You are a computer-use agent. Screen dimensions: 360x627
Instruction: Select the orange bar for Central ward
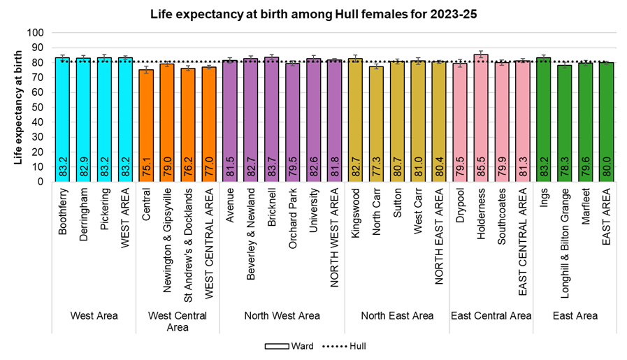(146, 126)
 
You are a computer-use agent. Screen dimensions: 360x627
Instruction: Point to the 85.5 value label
(480, 169)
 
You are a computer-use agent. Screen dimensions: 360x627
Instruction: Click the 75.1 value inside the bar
(146, 169)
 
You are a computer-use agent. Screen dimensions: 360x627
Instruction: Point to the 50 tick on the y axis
(38, 107)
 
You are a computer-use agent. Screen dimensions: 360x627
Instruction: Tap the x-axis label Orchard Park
(292, 214)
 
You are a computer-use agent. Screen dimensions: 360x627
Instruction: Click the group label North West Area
(282, 316)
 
